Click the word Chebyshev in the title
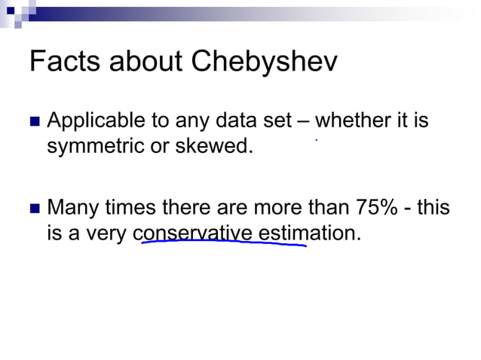(264, 63)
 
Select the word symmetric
(95, 146)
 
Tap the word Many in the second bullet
(72, 207)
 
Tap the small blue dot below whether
(316, 140)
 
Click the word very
(106, 233)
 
